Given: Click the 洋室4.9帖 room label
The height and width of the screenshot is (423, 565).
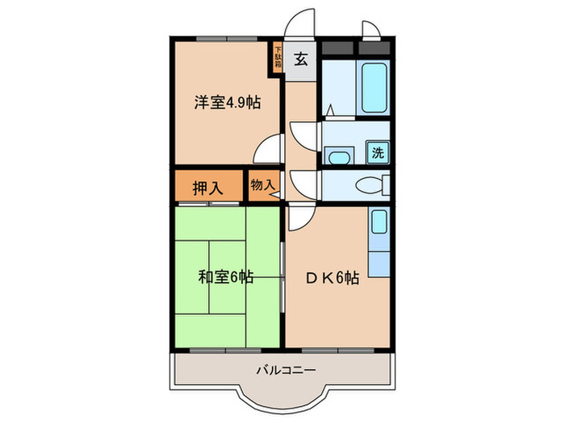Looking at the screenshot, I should point(225,103).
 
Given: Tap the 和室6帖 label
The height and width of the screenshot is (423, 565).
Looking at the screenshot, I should point(225,278).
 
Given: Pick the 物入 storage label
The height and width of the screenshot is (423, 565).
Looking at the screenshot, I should point(262,185).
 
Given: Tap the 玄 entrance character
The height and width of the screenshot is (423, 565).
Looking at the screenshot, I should point(300,58).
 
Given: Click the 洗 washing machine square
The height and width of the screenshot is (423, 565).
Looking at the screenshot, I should point(378,151).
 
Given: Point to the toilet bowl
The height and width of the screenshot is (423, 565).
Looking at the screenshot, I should point(373,185).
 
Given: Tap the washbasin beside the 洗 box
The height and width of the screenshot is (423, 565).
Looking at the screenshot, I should point(339,153).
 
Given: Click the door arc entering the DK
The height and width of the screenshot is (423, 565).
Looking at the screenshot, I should point(301,215).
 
